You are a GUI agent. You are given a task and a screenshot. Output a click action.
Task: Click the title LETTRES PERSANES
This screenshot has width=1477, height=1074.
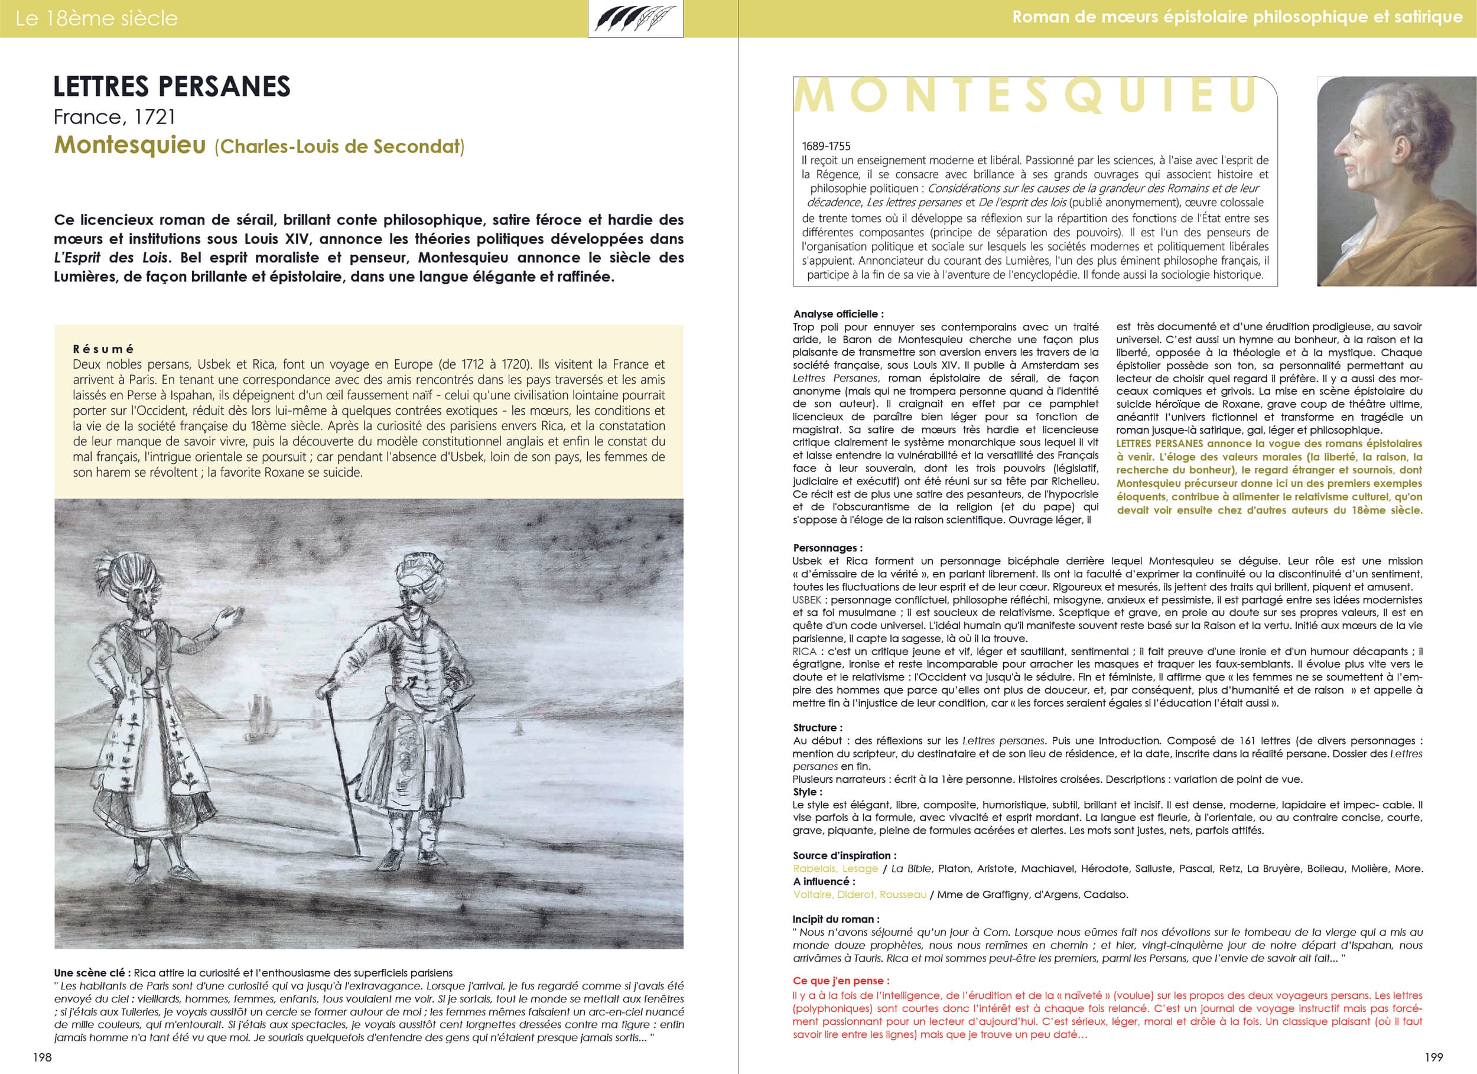click(x=171, y=87)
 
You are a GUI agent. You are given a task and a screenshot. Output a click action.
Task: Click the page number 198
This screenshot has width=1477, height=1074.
click(x=43, y=1057)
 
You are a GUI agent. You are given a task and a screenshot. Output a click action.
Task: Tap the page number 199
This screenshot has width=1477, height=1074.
click(x=1433, y=1057)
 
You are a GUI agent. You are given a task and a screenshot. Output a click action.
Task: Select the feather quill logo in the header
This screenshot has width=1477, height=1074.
click(x=635, y=18)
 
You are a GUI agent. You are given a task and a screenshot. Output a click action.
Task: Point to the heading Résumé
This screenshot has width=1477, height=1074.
click(x=103, y=349)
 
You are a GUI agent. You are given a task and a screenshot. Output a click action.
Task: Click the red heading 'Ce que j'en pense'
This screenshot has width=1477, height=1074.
click(x=841, y=980)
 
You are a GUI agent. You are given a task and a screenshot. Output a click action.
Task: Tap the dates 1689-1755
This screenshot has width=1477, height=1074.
click(x=826, y=146)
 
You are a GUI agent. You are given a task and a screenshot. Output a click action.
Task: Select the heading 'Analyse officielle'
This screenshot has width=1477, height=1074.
click(x=838, y=314)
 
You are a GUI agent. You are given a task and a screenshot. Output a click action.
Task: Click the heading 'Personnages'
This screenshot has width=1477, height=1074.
click(x=827, y=548)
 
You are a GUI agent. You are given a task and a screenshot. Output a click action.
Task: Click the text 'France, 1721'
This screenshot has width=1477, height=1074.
click(x=115, y=117)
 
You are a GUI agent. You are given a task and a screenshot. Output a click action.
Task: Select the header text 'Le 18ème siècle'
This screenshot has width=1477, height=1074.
click(x=96, y=18)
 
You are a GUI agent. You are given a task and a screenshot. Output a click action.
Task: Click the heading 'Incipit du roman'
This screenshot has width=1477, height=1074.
click(x=835, y=919)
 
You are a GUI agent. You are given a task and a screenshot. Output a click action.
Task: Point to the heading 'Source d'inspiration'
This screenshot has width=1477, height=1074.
click(x=844, y=855)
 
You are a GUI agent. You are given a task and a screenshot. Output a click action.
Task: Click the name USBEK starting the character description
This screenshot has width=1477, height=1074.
click(x=807, y=599)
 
